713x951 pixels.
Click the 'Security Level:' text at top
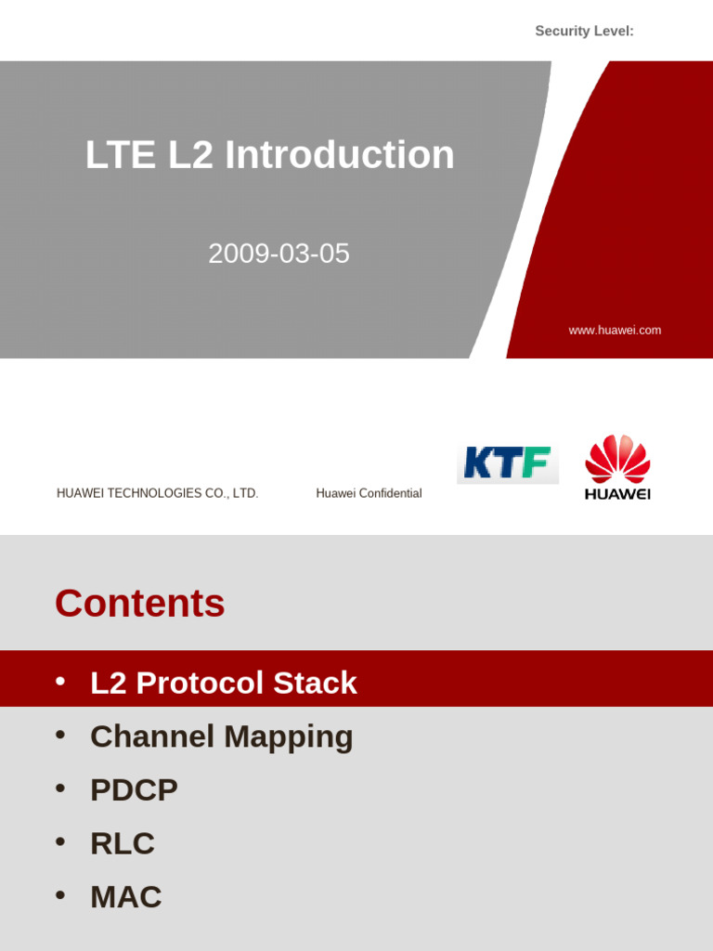point(584,32)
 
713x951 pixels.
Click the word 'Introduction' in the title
point(340,155)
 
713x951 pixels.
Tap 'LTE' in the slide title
point(121,155)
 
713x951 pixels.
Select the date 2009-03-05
point(279,254)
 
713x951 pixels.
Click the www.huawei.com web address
point(615,331)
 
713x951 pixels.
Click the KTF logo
point(507,462)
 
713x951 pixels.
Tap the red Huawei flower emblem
point(617,458)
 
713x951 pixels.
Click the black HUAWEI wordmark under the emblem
point(617,494)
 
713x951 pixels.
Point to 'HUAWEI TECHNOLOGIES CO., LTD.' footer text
point(158,493)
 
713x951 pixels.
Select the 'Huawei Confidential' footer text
point(369,493)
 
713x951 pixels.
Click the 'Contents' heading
point(140,604)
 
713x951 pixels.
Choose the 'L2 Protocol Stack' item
point(223,683)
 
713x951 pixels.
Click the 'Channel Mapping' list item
point(221,736)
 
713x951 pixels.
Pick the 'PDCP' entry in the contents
point(134,790)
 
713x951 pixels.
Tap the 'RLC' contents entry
point(123,843)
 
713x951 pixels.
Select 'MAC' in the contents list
point(126,897)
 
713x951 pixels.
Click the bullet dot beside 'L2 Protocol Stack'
point(60,681)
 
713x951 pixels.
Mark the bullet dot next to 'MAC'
point(60,895)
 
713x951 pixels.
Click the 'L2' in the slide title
point(190,155)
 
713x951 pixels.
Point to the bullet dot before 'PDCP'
point(60,788)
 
